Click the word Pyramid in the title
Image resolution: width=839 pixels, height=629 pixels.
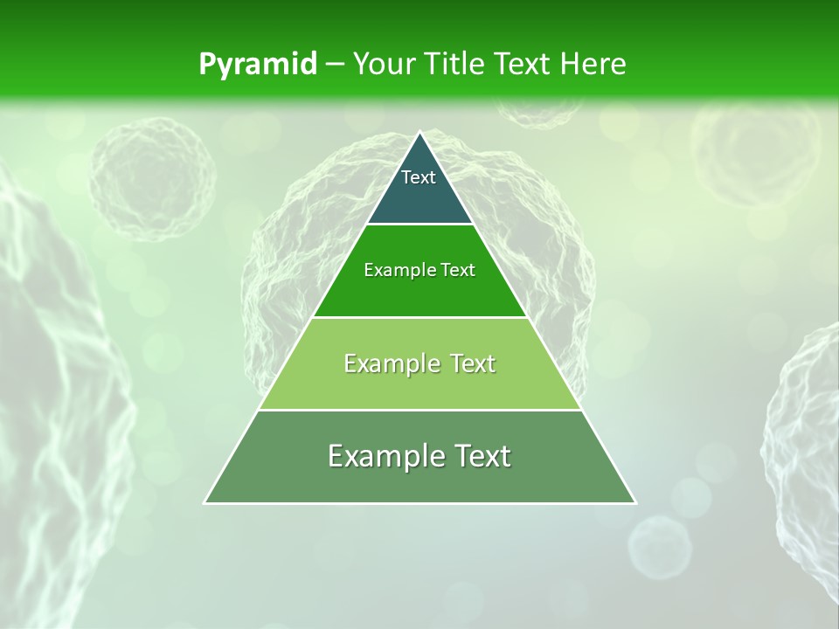coord(257,65)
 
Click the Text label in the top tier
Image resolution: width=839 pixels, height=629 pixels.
coord(419,177)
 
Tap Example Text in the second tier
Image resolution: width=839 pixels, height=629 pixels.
coord(419,270)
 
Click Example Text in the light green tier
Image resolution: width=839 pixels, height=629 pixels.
coord(419,363)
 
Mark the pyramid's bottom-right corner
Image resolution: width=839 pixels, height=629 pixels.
coord(634,502)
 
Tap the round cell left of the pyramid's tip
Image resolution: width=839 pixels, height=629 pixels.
coord(152,179)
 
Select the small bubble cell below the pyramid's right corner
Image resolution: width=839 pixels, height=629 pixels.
coord(660,547)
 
